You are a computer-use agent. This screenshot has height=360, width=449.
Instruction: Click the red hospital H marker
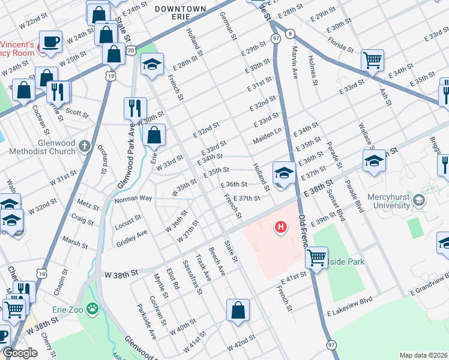(x=280, y=227)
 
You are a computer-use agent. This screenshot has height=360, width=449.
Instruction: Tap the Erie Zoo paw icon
(x=92, y=309)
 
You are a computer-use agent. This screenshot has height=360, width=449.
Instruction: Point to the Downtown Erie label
(x=180, y=9)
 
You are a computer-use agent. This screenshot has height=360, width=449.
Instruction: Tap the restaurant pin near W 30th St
(x=135, y=108)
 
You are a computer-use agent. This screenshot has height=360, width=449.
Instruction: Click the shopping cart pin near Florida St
(x=372, y=61)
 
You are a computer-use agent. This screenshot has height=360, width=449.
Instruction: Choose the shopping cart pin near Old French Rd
(x=316, y=257)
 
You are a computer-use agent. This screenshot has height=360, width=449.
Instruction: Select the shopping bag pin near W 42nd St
(x=238, y=310)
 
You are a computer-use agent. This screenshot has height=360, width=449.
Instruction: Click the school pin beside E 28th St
(x=152, y=64)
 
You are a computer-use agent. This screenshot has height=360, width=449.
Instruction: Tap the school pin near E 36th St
(x=284, y=173)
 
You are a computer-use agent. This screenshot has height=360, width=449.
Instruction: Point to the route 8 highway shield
(x=290, y=34)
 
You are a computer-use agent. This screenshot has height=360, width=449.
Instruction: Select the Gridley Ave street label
(x=133, y=233)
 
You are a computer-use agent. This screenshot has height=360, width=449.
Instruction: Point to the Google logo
(x=20, y=353)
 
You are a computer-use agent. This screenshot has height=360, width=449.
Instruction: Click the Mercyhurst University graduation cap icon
(x=419, y=199)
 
